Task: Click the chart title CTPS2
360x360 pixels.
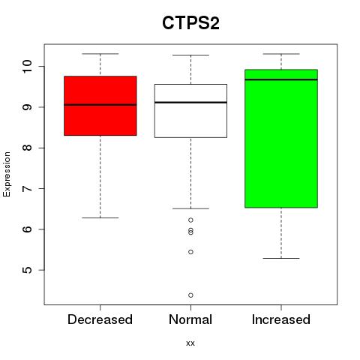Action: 190,23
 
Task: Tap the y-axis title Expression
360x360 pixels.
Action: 7,174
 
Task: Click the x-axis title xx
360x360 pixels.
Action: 190,343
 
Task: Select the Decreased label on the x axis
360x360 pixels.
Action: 100,319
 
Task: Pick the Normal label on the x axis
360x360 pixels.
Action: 190,319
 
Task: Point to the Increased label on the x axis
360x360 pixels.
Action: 281,319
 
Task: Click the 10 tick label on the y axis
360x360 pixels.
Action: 28,66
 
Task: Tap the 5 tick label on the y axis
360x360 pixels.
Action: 28,270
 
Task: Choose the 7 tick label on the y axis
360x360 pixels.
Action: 28,188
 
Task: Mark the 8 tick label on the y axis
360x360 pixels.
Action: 28,148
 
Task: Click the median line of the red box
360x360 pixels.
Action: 100,105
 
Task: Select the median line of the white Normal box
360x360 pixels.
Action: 190,102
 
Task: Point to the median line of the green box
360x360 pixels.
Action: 281,79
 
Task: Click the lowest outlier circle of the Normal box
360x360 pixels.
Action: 190,295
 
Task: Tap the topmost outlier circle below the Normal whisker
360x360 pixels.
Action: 190,220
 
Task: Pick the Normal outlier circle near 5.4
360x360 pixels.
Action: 190,252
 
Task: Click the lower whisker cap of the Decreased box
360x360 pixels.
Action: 100,217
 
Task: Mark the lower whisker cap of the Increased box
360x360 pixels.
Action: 281,258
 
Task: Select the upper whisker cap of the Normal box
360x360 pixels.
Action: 190,55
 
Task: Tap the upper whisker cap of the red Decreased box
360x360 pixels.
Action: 100,54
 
